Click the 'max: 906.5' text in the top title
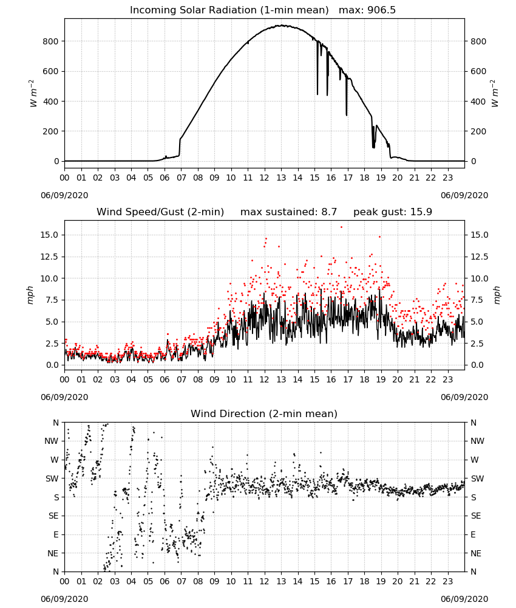pyautogui.click(x=367, y=10)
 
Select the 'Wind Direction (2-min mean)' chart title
pyautogui.click(x=264, y=413)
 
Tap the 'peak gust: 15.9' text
pyautogui.click(x=393, y=212)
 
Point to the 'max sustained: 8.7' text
pyautogui.click(x=288, y=212)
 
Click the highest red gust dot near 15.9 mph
pyautogui.click(x=341, y=227)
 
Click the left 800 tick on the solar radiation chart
pyautogui.click(x=50, y=41)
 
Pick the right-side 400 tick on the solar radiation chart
pyautogui.click(x=478, y=102)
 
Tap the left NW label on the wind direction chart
pyautogui.click(x=52, y=441)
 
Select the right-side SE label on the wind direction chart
pyautogui.click(x=476, y=516)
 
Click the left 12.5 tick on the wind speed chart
pyautogui.click(x=50, y=257)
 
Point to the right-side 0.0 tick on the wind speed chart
pyautogui.click(x=477, y=365)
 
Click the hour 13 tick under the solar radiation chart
pyautogui.click(x=280, y=178)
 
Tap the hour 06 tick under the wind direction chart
pyautogui.click(x=165, y=581)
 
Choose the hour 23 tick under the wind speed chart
pyautogui.click(x=447, y=379)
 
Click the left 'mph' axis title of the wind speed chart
pyautogui.click(x=30, y=295)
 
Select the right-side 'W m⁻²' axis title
pyautogui.click(x=495, y=94)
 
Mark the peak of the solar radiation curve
pyautogui.click(x=282, y=26)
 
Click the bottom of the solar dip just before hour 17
pyautogui.click(x=347, y=115)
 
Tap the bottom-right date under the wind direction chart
pyautogui.click(x=464, y=599)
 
